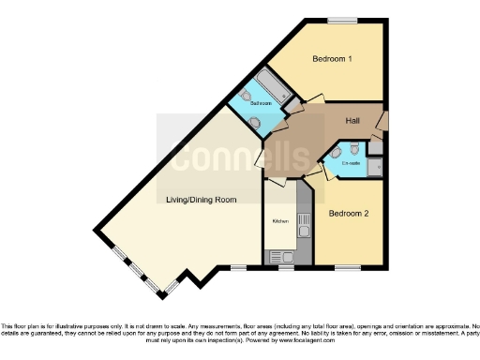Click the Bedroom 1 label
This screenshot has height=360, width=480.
click(331, 59)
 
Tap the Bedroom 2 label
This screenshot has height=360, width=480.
click(348, 214)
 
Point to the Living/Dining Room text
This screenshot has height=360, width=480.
click(201, 200)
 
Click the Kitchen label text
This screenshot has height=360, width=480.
click(279, 221)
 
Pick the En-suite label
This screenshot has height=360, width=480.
click(351, 164)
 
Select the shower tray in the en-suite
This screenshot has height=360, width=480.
click(375, 166)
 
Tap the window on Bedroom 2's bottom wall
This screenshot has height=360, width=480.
click(348, 267)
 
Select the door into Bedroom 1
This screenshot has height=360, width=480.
click(314, 99)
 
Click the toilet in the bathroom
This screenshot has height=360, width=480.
click(246, 96)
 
